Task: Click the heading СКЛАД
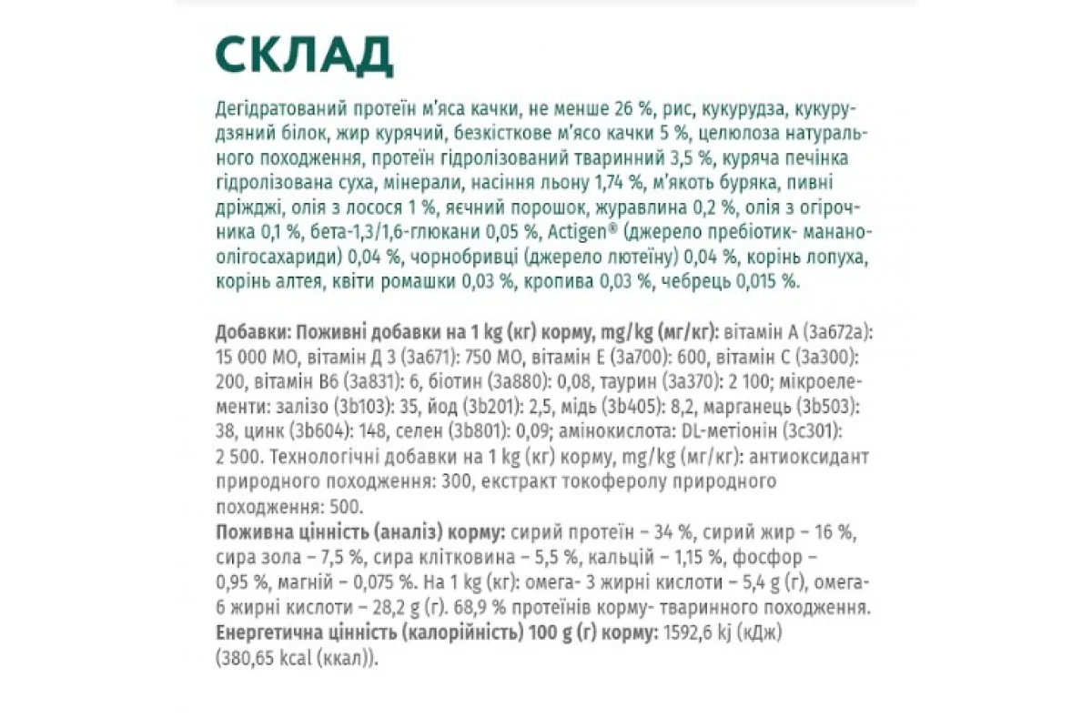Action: [304, 56]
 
